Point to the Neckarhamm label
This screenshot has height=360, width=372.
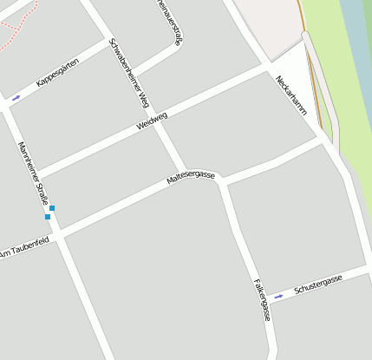(291, 94)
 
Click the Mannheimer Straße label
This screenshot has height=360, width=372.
(34, 173)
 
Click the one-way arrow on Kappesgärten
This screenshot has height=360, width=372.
(16, 97)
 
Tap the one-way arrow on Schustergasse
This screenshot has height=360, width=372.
(278, 297)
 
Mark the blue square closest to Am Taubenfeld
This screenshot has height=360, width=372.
(48, 217)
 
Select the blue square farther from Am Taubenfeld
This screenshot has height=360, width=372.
(52, 208)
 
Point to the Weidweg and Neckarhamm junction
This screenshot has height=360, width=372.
(270, 69)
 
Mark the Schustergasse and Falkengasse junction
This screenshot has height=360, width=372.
(268, 299)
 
